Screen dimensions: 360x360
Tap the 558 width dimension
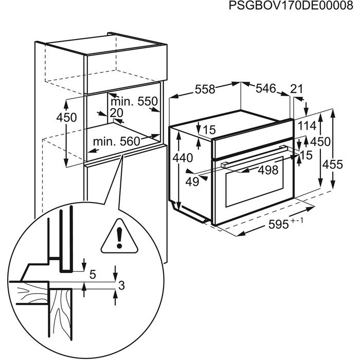205,89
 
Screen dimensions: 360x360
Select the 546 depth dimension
266,88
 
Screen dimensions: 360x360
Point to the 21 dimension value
297,89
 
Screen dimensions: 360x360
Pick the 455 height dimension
333,164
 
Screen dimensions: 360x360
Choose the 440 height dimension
183,158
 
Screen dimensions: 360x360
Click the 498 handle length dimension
267,170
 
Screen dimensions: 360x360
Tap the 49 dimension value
192,181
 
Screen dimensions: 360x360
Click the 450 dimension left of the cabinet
66,117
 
